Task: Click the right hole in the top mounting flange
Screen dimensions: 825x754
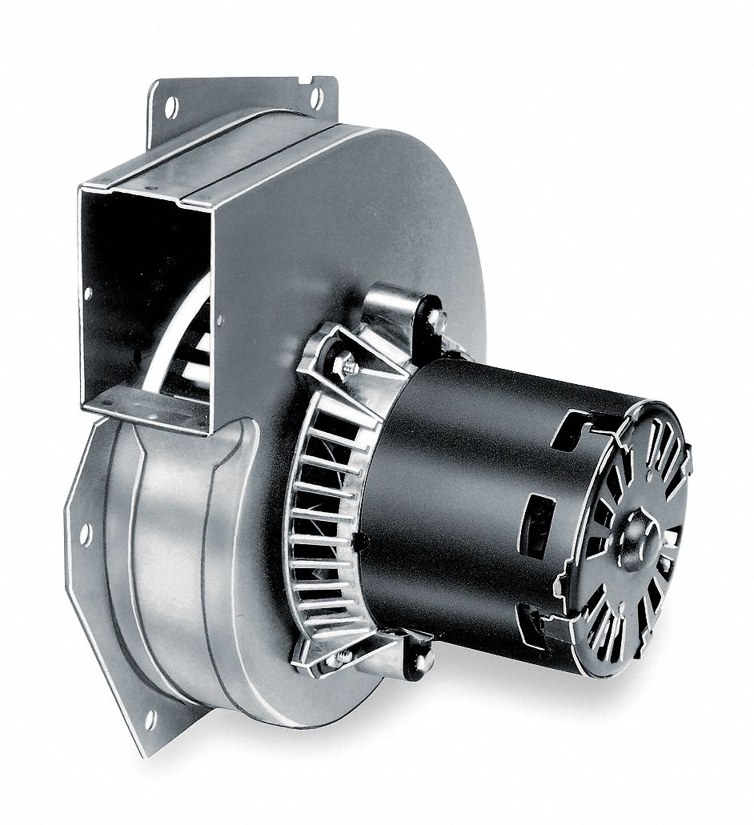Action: [316, 98]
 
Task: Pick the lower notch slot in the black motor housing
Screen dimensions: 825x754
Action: [530, 629]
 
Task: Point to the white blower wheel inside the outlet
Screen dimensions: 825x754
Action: [192, 352]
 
